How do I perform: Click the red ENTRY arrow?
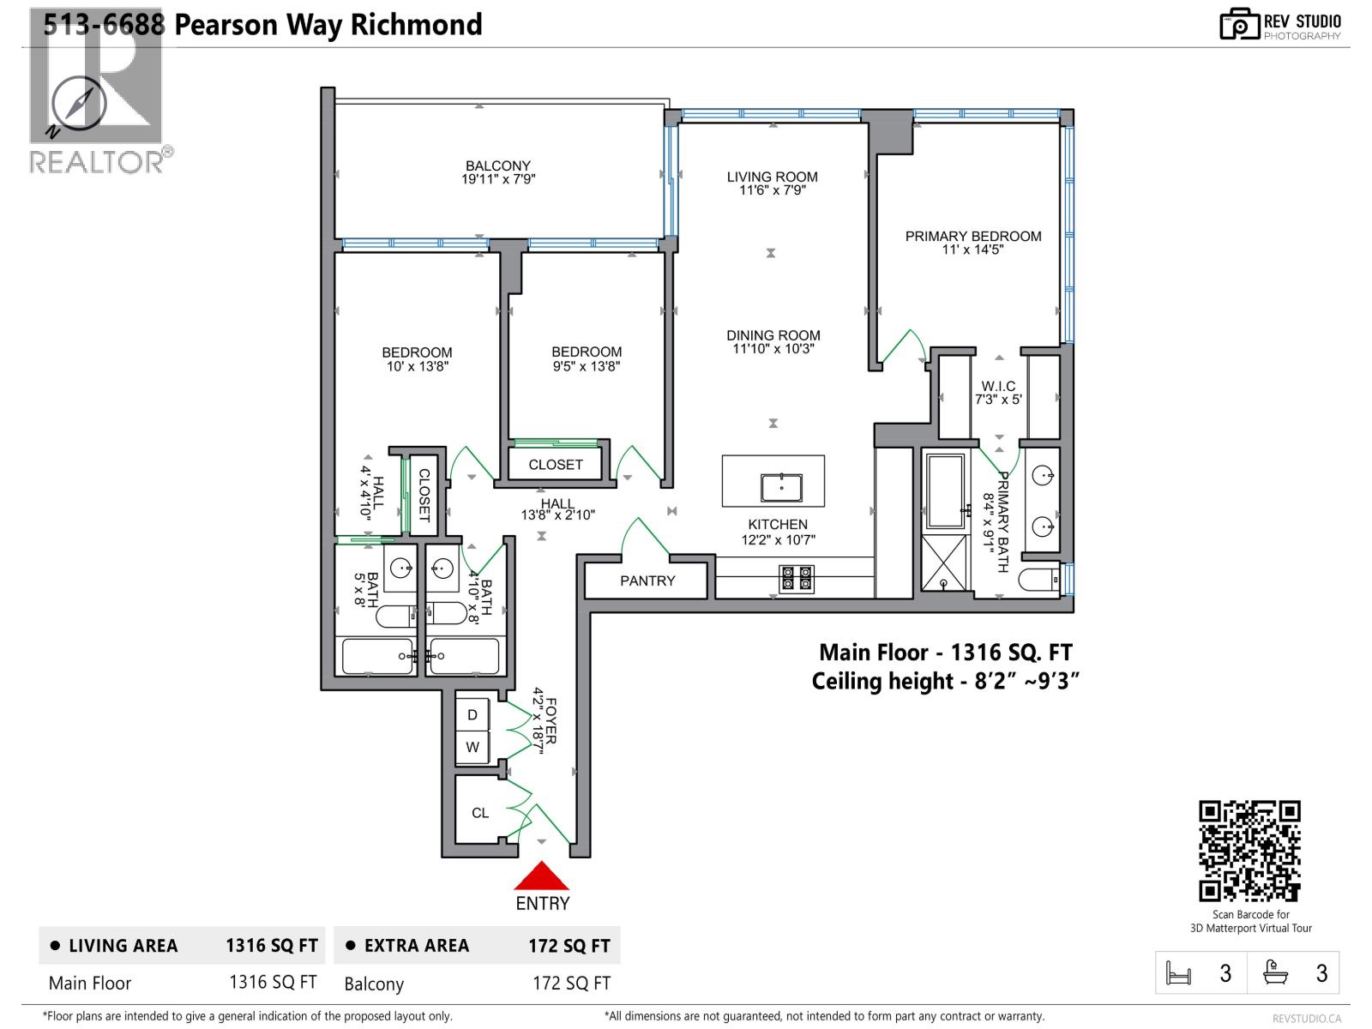pyautogui.click(x=541, y=878)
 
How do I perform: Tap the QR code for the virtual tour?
pyautogui.click(x=1249, y=851)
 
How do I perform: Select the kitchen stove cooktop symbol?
pyautogui.click(x=796, y=579)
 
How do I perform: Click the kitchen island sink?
pyautogui.click(x=781, y=487)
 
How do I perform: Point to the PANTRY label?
pyautogui.click(x=647, y=581)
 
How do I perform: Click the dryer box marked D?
pyautogui.click(x=472, y=714)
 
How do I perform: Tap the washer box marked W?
pyautogui.click(x=472, y=747)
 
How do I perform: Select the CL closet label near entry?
pyautogui.click(x=480, y=812)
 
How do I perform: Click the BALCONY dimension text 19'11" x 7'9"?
pyautogui.click(x=498, y=180)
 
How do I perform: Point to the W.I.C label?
pyautogui.click(x=998, y=386)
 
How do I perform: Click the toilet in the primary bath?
pyautogui.click(x=1040, y=581)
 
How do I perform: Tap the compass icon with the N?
pyautogui.click(x=79, y=105)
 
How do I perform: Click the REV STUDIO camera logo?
pyautogui.click(x=1239, y=24)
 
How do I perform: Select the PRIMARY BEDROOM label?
pyautogui.click(x=973, y=236)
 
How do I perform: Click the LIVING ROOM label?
pyautogui.click(x=772, y=177)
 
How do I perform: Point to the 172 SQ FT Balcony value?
pyautogui.click(x=571, y=984)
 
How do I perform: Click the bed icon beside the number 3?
pyautogui.click(x=1179, y=973)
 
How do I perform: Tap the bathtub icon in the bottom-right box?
pyautogui.click(x=1275, y=972)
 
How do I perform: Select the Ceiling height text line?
pyautogui.click(x=945, y=681)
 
